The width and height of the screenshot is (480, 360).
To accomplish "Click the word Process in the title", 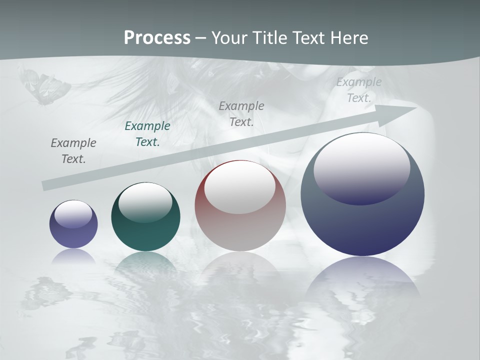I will (x=157, y=38).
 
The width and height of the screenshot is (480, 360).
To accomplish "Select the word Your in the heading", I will (x=229, y=38).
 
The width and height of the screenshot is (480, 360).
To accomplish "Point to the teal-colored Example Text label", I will (x=147, y=134).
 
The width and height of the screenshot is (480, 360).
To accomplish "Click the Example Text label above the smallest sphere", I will (x=73, y=151).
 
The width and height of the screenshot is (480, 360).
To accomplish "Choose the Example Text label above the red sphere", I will (x=241, y=113).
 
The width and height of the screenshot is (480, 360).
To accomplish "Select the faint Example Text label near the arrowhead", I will (x=359, y=90).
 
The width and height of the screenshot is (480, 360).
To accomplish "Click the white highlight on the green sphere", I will (x=145, y=202).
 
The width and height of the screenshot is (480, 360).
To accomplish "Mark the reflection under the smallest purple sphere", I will (x=73, y=256).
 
